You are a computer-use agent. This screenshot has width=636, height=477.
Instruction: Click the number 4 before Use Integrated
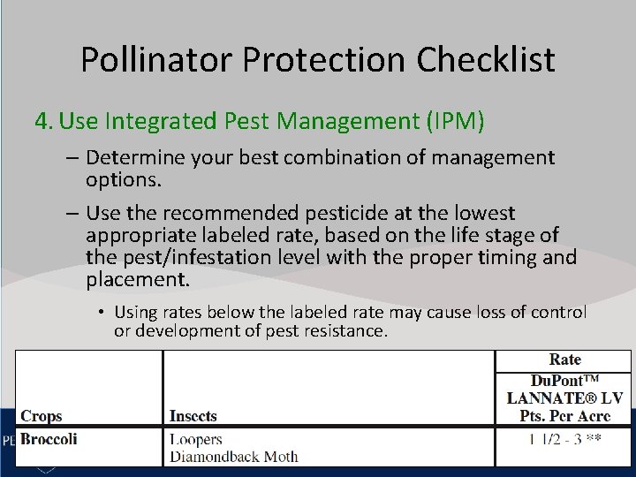tap(43, 120)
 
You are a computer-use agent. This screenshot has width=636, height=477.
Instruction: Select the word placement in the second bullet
tap(137, 281)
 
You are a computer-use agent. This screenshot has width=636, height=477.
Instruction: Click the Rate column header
tap(564, 360)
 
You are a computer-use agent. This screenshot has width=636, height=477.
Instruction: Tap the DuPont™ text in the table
tap(564, 380)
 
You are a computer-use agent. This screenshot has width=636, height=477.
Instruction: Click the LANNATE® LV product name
tap(564, 398)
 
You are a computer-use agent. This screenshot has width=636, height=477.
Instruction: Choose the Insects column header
tap(193, 415)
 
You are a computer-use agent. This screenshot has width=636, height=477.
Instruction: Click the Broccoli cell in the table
tap(49, 439)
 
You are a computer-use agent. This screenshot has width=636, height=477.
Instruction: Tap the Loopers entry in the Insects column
tap(196, 439)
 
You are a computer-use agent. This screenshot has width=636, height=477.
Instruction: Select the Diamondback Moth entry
tap(233, 457)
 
